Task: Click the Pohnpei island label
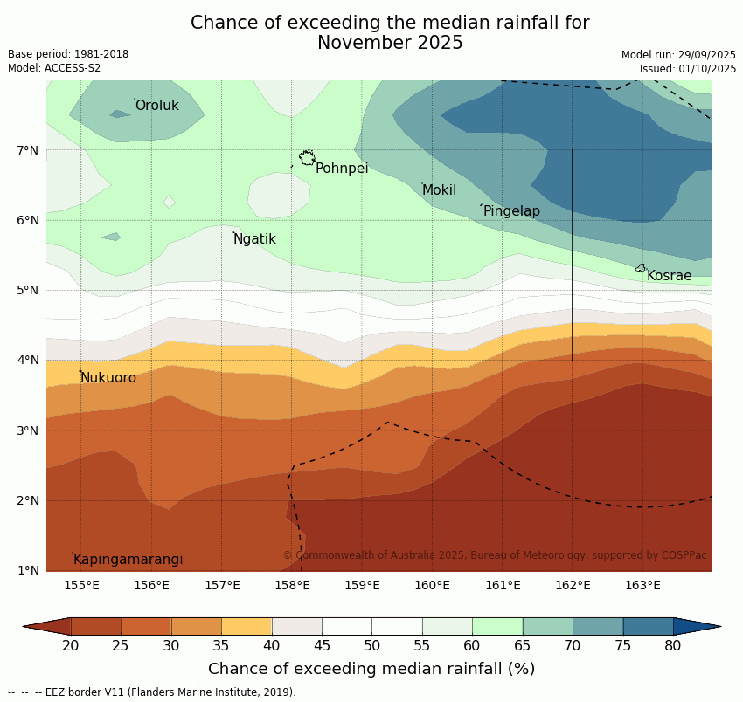pos(341,169)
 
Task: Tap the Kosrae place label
pos(669,276)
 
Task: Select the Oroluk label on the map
pos(156,106)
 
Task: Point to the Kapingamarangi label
pos(128,560)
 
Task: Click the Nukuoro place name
pos(108,378)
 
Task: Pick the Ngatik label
pos(254,239)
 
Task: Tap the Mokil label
pos(439,190)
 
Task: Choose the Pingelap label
pos(511,211)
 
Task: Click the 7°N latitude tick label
pos(28,150)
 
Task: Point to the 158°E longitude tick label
pos(292,585)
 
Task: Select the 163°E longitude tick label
pos(642,585)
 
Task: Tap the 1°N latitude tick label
pos(28,571)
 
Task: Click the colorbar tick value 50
pos(372,645)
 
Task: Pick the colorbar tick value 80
pos(673,645)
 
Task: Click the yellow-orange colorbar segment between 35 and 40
pos(247,626)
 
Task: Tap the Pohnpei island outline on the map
pos(307,158)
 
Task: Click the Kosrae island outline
pos(640,268)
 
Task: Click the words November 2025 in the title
pos(390,43)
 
